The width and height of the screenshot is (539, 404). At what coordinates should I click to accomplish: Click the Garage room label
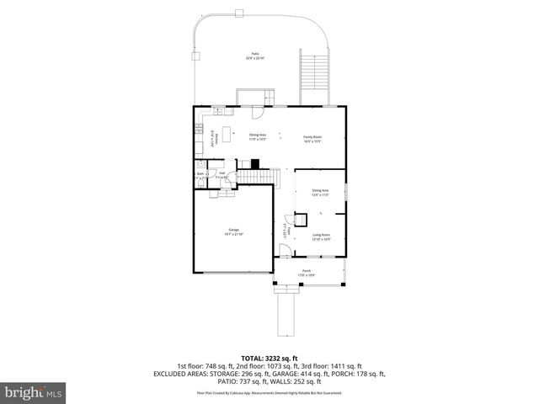click(x=233, y=231)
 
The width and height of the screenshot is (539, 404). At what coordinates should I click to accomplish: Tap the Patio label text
click(x=255, y=56)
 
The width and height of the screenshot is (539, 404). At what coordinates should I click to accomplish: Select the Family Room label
click(x=312, y=138)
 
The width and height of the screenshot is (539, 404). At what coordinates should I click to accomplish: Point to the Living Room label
click(x=321, y=237)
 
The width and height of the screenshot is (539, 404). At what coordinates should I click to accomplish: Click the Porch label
click(x=307, y=272)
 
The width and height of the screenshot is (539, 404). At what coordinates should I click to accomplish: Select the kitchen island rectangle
click(x=225, y=132)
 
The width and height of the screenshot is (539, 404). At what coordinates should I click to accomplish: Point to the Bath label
click(x=200, y=175)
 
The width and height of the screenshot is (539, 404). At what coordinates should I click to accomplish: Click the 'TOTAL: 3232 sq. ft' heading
click(x=269, y=358)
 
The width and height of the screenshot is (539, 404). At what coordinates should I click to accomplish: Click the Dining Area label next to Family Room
click(x=258, y=136)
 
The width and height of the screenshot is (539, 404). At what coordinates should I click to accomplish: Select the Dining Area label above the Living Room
click(x=320, y=192)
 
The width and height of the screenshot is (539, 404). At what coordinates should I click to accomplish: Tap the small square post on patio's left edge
click(x=195, y=56)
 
